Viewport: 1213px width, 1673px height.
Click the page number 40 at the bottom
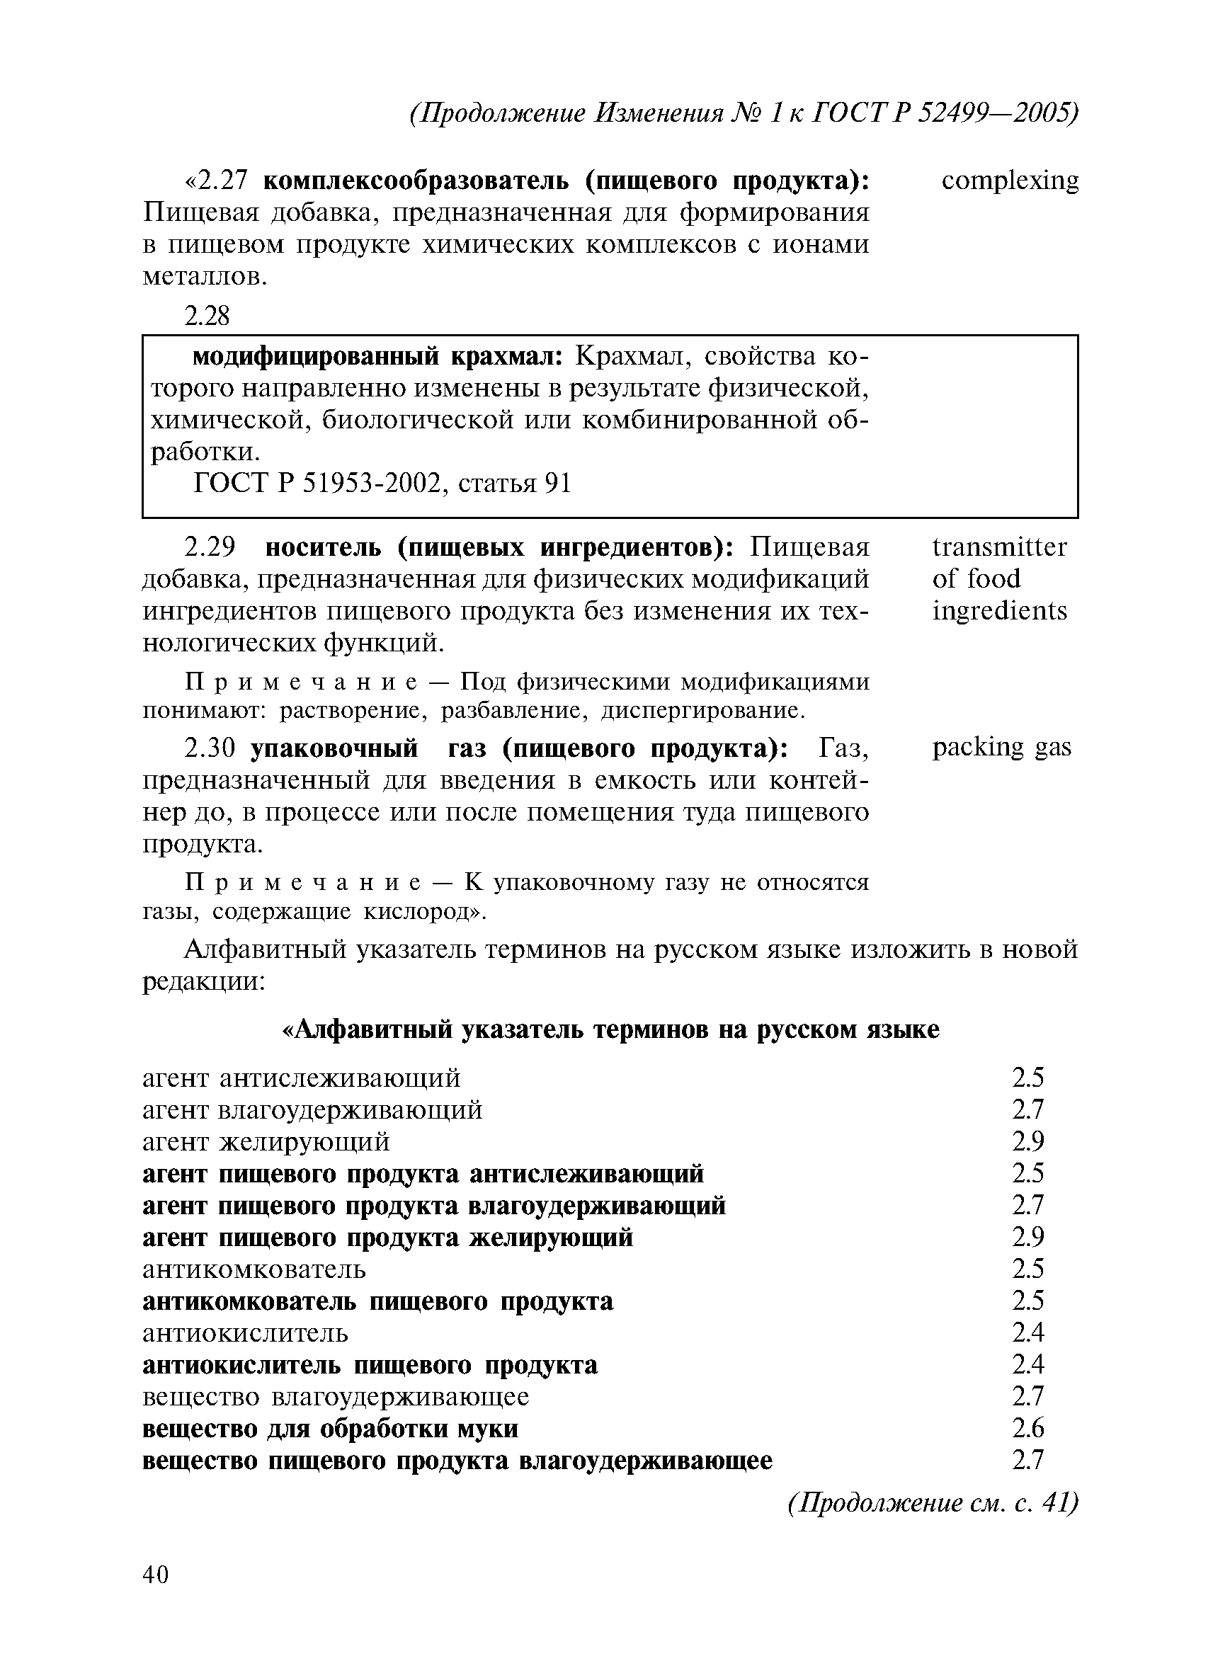[156, 1574]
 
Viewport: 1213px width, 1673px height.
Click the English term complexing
[1009, 181]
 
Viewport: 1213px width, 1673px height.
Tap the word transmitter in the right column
[999, 547]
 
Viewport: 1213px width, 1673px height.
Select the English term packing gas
[1001, 748]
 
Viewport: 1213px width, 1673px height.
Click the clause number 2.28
[207, 316]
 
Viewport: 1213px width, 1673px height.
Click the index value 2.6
[1027, 1429]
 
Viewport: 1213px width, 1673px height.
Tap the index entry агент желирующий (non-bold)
[266, 1141]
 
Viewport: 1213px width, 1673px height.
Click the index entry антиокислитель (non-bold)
[245, 1333]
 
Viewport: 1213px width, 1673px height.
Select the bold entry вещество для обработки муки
[330, 1429]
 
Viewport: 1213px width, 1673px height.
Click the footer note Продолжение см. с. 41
[932, 1502]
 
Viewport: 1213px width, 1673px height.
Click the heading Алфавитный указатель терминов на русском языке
[612, 1029]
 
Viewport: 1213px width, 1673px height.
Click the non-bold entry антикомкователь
[254, 1269]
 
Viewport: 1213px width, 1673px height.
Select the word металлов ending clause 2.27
[204, 277]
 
